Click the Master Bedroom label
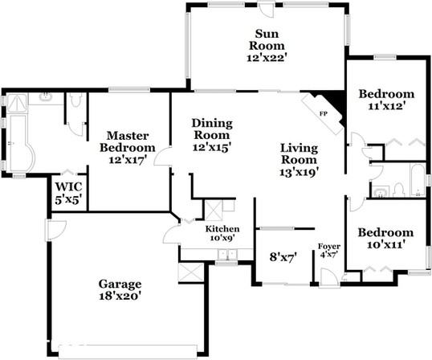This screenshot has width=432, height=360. (128, 141)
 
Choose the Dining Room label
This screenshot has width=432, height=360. (212, 129)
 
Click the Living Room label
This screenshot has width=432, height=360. (300, 154)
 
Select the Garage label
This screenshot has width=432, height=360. (120, 284)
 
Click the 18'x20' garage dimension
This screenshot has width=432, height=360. (120, 296)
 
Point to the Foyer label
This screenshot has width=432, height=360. (329, 246)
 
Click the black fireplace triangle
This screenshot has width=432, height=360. (336, 100)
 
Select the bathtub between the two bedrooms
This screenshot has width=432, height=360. (416, 180)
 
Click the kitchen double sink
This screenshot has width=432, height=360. (226, 255)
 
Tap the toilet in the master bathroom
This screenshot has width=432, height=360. (75, 102)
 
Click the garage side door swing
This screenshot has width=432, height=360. (55, 229)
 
